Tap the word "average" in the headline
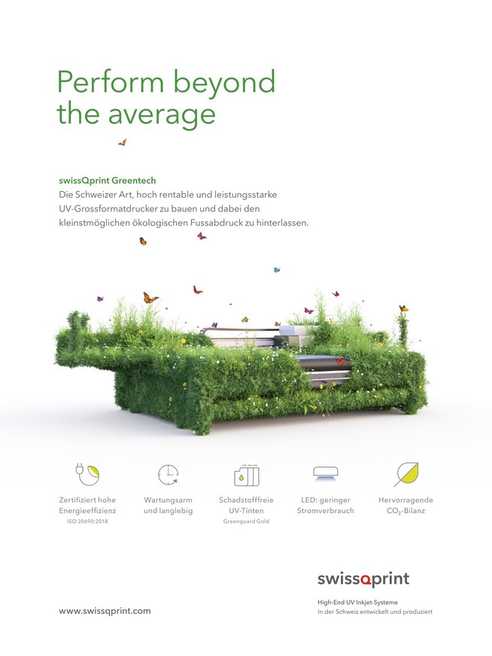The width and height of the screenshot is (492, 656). [x=162, y=115]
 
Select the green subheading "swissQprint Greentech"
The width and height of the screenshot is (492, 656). [x=107, y=181]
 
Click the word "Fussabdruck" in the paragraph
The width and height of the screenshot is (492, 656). [x=217, y=223]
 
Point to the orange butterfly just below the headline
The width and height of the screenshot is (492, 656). [x=122, y=142]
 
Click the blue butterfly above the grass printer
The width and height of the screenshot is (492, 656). [x=277, y=270]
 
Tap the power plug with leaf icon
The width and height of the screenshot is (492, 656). [x=87, y=474]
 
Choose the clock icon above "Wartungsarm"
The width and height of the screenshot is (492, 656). [x=169, y=475]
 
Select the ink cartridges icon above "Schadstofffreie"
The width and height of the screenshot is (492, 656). [x=247, y=475]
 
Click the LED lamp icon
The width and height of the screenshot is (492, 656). [x=326, y=473]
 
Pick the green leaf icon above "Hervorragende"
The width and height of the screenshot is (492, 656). [x=406, y=475]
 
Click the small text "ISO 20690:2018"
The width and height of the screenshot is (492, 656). [x=87, y=521]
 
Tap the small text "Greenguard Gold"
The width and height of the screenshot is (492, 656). [x=246, y=521]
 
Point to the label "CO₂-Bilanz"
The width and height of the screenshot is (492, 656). [x=405, y=511]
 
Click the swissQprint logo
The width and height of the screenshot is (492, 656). [x=363, y=579]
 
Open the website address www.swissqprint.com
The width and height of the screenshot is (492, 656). [x=105, y=611]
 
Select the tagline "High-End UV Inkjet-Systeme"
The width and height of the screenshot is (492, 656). [x=357, y=603]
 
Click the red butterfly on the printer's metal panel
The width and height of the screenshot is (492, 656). [x=341, y=361]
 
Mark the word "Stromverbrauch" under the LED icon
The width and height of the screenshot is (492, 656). [x=326, y=511]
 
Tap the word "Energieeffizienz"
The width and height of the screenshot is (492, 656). [x=87, y=511]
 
